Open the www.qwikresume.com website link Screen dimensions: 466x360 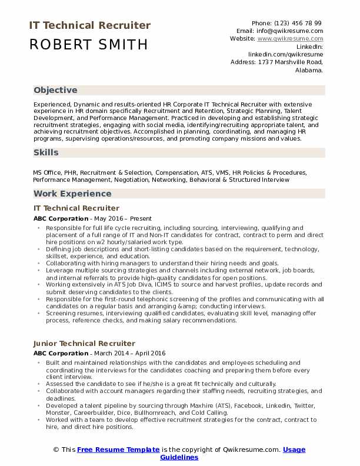(x=290, y=38)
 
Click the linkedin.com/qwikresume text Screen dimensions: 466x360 (x=285, y=54)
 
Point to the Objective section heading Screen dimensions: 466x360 (x=55, y=91)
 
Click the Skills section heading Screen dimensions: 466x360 (x=46, y=152)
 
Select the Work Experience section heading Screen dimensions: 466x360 (x=72, y=194)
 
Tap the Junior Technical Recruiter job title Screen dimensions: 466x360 (x=84, y=343)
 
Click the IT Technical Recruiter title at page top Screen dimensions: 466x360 (x=89, y=26)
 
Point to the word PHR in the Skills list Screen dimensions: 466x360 (x=71, y=173)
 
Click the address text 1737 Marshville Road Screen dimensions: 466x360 (x=289, y=61)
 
